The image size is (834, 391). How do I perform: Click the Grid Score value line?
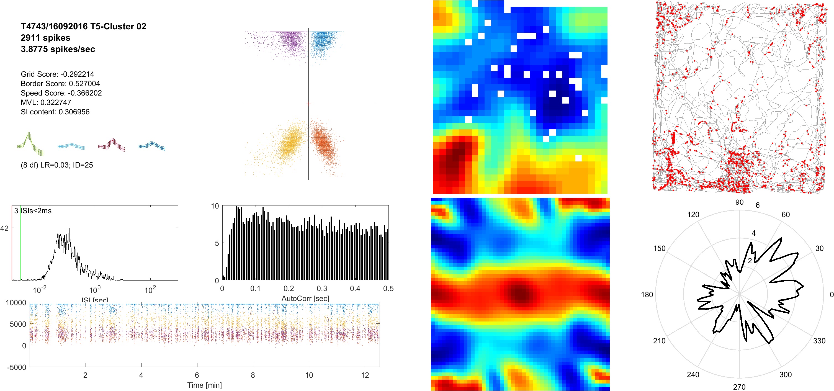coord(57,74)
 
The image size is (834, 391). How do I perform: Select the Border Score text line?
coord(60,84)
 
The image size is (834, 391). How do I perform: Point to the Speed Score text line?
coord(61,93)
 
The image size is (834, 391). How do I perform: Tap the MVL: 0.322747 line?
coord(46,102)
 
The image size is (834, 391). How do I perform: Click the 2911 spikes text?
coord(45,38)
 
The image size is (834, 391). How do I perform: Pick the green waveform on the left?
coord(30,144)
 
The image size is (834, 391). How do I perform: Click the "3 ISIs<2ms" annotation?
coord(33,211)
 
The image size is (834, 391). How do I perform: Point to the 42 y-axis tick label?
coord(4,228)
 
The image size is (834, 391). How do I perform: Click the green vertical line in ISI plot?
coord(20,243)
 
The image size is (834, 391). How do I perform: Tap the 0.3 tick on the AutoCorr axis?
coord(322,288)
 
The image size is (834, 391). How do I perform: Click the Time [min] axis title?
coord(204,385)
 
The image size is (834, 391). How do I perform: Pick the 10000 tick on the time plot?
coord(16,303)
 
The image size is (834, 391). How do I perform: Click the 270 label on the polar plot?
coord(739,387)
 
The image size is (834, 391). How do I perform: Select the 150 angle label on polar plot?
coord(659,248)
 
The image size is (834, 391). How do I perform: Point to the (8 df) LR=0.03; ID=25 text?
coord(57,165)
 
